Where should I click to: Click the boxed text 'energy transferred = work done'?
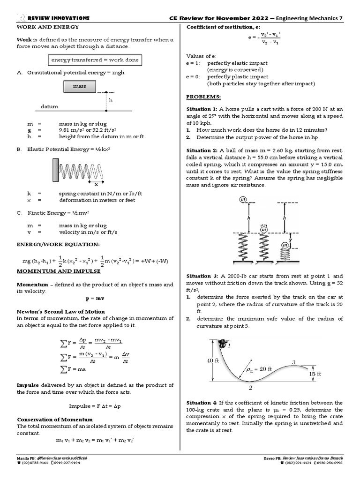tap(95, 60)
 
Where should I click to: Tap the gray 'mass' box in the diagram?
tap(79, 87)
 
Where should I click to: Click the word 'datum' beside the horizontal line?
tap(49, 107)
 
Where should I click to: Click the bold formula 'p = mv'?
tap(95, 298)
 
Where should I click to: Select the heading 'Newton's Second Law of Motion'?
tap(61, 311)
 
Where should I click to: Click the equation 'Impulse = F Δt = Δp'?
tap(95, 406)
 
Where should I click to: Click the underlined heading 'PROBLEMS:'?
tap(203, 96)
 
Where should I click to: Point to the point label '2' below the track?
tap(250, 388)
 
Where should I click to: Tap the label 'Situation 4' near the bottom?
tap(201, 403)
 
